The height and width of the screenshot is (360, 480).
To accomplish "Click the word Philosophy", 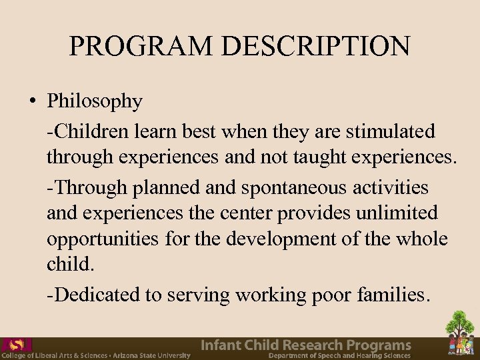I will [95, 102].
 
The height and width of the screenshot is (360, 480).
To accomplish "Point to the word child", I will [69, 264].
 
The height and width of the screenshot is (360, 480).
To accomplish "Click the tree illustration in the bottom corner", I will [461, 333].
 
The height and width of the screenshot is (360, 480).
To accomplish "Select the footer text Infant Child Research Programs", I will [306, 345].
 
